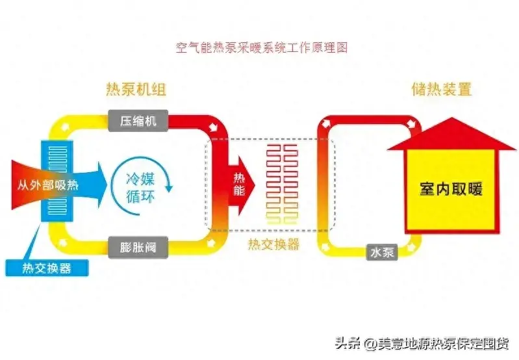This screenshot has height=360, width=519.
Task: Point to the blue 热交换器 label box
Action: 46,268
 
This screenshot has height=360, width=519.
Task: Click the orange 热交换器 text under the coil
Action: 273,245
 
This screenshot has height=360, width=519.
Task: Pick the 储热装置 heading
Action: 441,89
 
